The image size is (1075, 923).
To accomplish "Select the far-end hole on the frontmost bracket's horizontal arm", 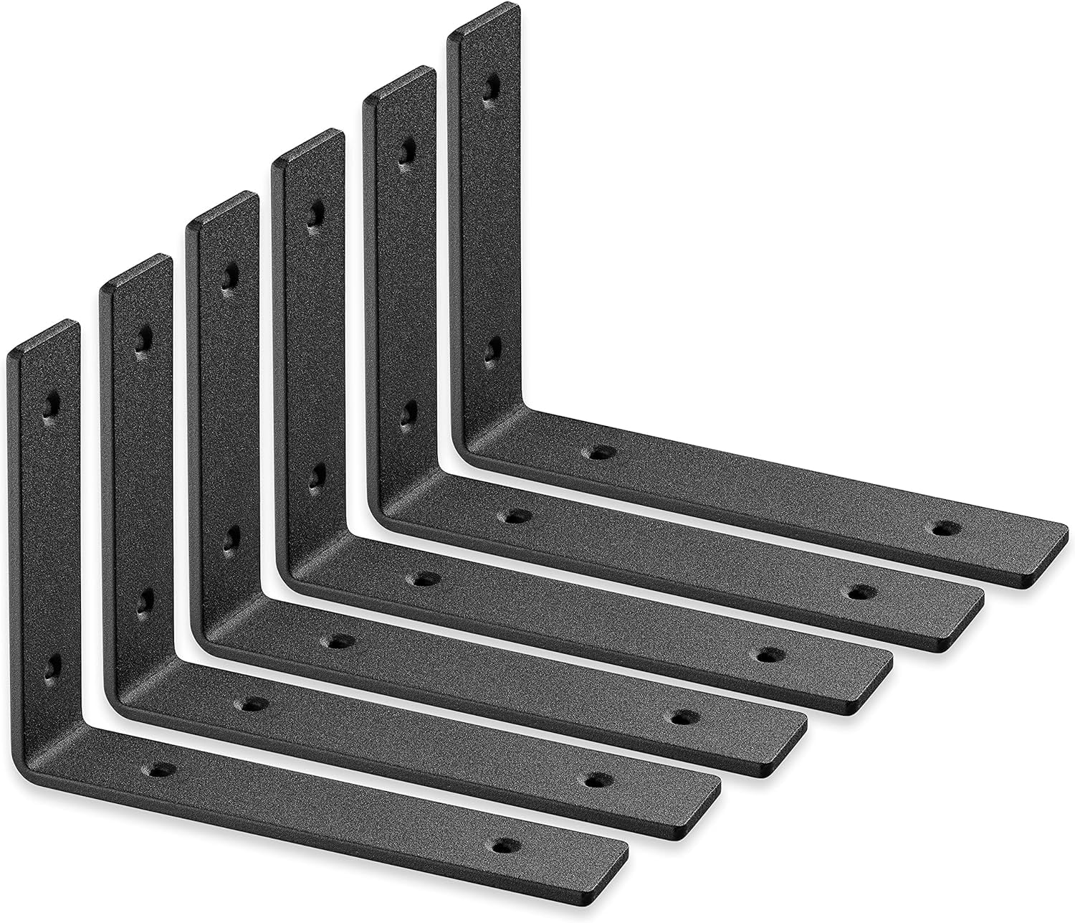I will (x=507, y=845).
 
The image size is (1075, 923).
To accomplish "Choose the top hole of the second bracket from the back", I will (x=407, y=150).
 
